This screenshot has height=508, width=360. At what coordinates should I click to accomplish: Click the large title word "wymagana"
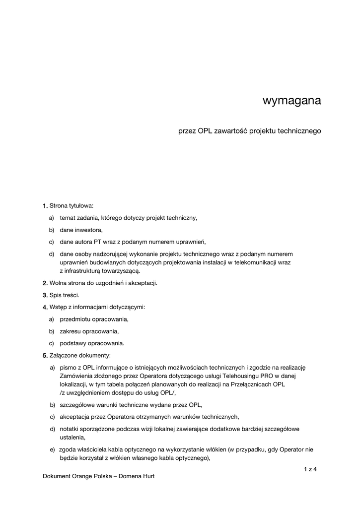(x=291, y=101)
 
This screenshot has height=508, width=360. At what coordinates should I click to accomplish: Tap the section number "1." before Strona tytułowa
(x=45, y=205)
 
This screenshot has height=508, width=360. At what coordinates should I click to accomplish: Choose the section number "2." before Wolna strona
(x=45, y=283)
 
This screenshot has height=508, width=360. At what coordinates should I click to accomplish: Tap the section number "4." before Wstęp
(x=45, y=308)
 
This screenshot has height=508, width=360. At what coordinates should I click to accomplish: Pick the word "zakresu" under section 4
(x=71, y=331)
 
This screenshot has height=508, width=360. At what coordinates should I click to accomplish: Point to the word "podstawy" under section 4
(x=72, y=343)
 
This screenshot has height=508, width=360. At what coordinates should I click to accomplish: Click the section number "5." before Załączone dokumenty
(x=45, y=356)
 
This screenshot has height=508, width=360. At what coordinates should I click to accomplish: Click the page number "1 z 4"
(x=310, y=469)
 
